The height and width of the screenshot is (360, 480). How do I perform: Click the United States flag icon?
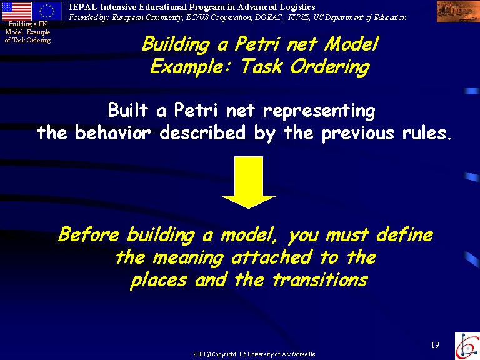[16, 11]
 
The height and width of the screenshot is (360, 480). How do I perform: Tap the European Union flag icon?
[47, 11]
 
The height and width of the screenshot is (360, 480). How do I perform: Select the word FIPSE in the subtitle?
[298, 17]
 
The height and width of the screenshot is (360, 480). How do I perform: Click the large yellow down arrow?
[248, 182]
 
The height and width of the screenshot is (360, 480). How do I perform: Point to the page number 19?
[435, 345]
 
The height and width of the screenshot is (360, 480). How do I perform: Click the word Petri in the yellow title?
[257, 44]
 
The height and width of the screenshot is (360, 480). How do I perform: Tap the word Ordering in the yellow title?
[330, 67]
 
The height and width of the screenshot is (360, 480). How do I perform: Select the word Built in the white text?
[128, 109]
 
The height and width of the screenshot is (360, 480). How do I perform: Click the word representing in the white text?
[319, 111]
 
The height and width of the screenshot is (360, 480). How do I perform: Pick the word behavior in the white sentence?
[112, 132]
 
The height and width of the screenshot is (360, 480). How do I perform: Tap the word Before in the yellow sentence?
[89, 234]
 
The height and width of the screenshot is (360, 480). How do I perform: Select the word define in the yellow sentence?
[404, 234]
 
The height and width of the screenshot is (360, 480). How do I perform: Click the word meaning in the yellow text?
[188, 258]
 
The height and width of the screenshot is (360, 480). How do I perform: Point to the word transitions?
[320, 280]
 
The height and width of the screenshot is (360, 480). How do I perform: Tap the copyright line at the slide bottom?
[254, 354]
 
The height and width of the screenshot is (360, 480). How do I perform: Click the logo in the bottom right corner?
[467, 346]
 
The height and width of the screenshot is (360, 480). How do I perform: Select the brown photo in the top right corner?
[457, 12]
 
